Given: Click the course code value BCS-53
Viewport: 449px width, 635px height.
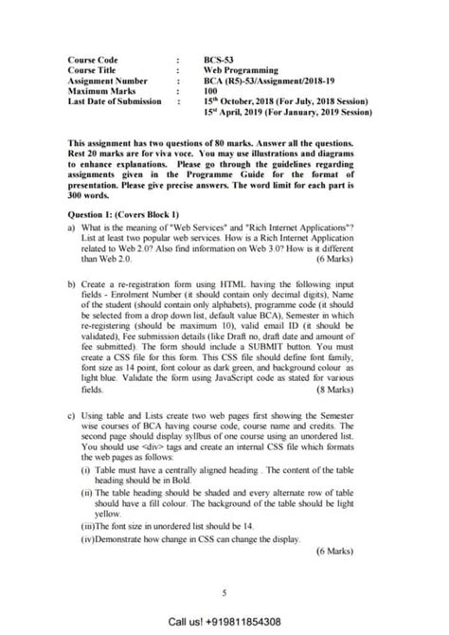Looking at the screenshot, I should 219,59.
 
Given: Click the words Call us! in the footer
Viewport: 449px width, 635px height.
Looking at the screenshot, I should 188,622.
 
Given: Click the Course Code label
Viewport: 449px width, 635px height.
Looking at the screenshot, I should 92,59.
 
